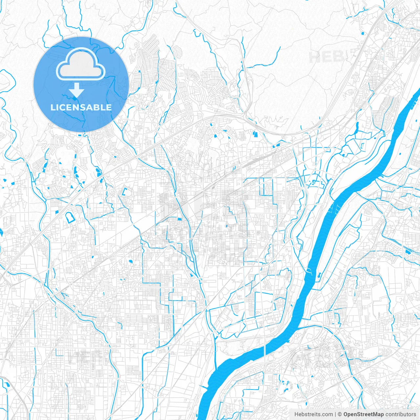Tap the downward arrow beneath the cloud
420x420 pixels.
[x=77, y=90]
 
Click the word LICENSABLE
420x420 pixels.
[x=81, y=107]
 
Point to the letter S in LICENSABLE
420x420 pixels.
[x=83, y=107]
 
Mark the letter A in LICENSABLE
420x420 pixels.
[x=89, y=107]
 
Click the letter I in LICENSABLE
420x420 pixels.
[x=58, y=107]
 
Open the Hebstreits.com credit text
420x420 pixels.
[x=313, y=414]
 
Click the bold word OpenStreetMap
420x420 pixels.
[x=364, y=414]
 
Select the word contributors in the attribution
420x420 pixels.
[x=401, y=414]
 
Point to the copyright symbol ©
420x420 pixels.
[x=340, y=414]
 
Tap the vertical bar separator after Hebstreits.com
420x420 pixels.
[x=335, y=414]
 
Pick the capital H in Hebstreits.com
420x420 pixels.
[x=296, y=414]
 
